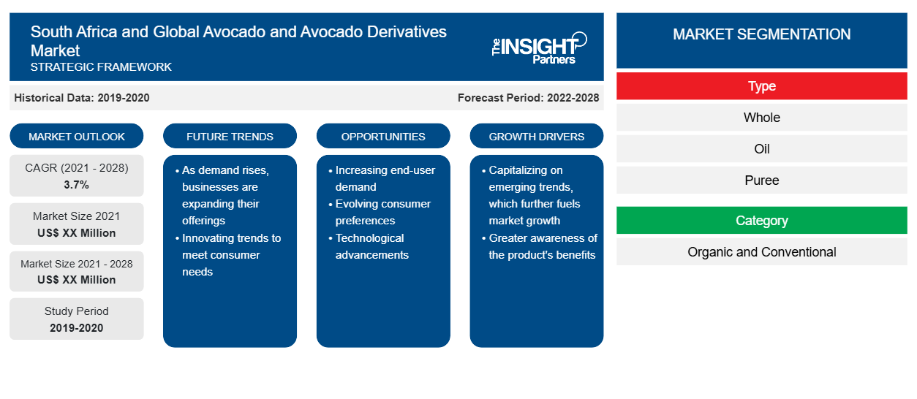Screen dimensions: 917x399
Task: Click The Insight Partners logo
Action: [x=539, y=47]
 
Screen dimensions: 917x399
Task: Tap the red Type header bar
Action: [x=761, y=86]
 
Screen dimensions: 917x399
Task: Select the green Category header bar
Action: [x=761, y=220]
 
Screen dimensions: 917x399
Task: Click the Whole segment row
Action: [x=761, y=118]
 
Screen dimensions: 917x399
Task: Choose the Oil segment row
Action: [x=761, y=149]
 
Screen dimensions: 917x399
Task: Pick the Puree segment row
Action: [x=761, y=180]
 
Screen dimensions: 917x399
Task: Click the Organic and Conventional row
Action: [x=761, y=251]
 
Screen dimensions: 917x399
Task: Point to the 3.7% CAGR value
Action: [x=77, y=185]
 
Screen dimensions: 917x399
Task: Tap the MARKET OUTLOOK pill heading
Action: [x=77, y=136]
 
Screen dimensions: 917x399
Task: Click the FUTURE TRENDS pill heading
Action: [x=230, y=136]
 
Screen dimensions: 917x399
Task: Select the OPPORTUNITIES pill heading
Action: [x=383, y=136]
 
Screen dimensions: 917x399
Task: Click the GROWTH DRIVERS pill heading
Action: [x=536, y=136]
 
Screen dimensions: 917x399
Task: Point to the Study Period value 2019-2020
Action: [x=77, y=328]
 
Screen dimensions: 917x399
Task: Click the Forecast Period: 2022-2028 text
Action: [x=528, y=98]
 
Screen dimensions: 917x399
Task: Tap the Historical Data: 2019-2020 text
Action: [x=82, y=98]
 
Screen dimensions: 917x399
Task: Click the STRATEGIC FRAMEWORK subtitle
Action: [x=101, y=66]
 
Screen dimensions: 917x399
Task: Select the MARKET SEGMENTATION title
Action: [x=761, y=34]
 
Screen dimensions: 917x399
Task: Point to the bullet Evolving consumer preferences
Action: [x=382, y=212]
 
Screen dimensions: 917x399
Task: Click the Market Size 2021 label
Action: [x=77, y=216]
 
